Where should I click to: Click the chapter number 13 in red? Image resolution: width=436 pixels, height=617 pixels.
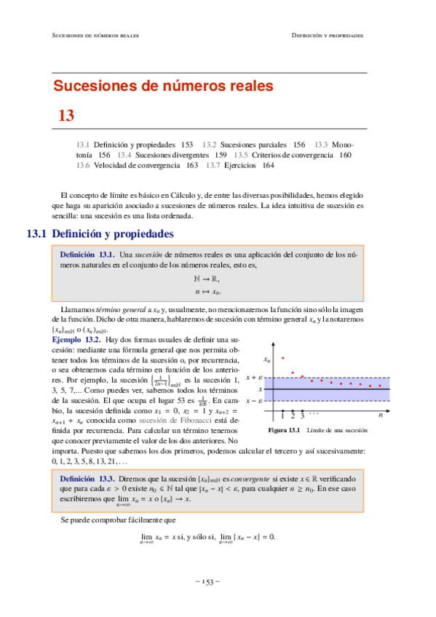click(67, 114)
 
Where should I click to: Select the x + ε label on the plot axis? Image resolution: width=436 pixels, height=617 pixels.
click(254, 378)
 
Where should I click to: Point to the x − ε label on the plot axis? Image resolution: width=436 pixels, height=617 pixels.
click(254, 400)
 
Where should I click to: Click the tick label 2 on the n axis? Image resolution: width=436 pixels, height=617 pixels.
click(293, 415)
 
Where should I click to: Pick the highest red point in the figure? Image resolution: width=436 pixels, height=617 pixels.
click(282, 357)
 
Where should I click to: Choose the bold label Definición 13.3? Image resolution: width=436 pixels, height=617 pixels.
click(87, 479)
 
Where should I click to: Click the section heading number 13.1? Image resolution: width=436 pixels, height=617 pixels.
click(36, 234)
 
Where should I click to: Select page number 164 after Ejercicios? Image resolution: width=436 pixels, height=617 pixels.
click(268, 165)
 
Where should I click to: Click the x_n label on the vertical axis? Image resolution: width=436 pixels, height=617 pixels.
click(267, 359)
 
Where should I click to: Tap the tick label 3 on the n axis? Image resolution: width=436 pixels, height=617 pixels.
click(302, 415)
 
